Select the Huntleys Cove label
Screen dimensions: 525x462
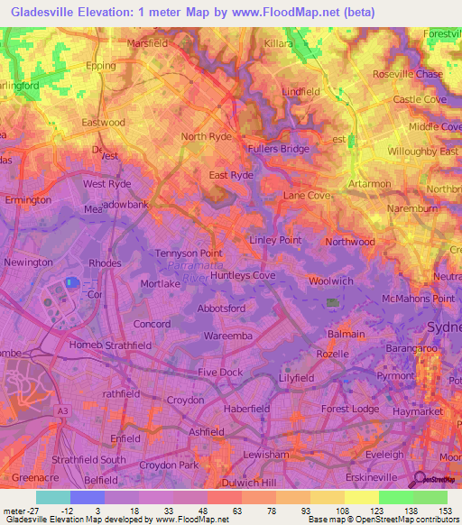click(243, 276)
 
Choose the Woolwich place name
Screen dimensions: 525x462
click(330, 281)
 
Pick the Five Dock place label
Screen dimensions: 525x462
click(221, 372)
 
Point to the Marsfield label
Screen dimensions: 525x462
click(149, 42)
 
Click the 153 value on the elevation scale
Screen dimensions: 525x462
click(448, 511)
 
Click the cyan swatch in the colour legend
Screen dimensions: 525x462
click(53, 497)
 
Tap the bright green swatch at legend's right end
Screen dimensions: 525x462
click(430, 497)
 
